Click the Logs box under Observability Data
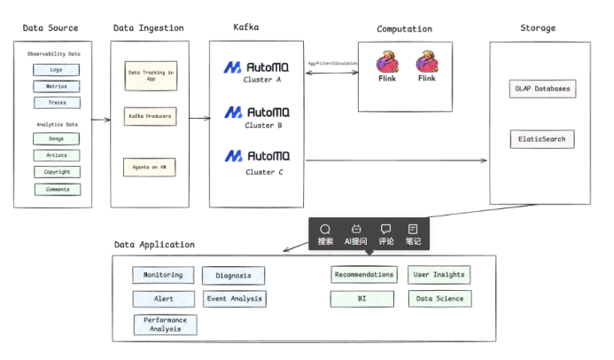pyautogui.click(x=57, y=70)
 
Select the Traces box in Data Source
pyautogui.click(x=57, y=103)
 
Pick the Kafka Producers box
pyautogui.click(x=149, y=116)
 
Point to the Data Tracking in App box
pyautogui.click(x=149, y=74)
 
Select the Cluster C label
pyautogui.click(x=265, y=172)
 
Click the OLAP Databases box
pyautogui.click(x=542, y=89)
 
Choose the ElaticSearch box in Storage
pyautogui.click(x=542, y=139)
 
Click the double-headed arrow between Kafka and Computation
pyautogui.click(x=330, y=74)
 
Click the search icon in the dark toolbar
pyautogui.click(x=325, y=230)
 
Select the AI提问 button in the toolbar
pyautogui.click(x=355, y=234)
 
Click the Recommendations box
pyautogui.click(x=364, y=275)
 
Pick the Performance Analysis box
pyautogui.click(x=165, y=325)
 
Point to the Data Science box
pyautogui.click(x=440, y=300)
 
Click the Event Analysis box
pyautogui.click(x=234, y=300)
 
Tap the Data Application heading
pyautogui.click(x=154, y=245)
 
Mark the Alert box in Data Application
pyautogui.click(x=164, y=300)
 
